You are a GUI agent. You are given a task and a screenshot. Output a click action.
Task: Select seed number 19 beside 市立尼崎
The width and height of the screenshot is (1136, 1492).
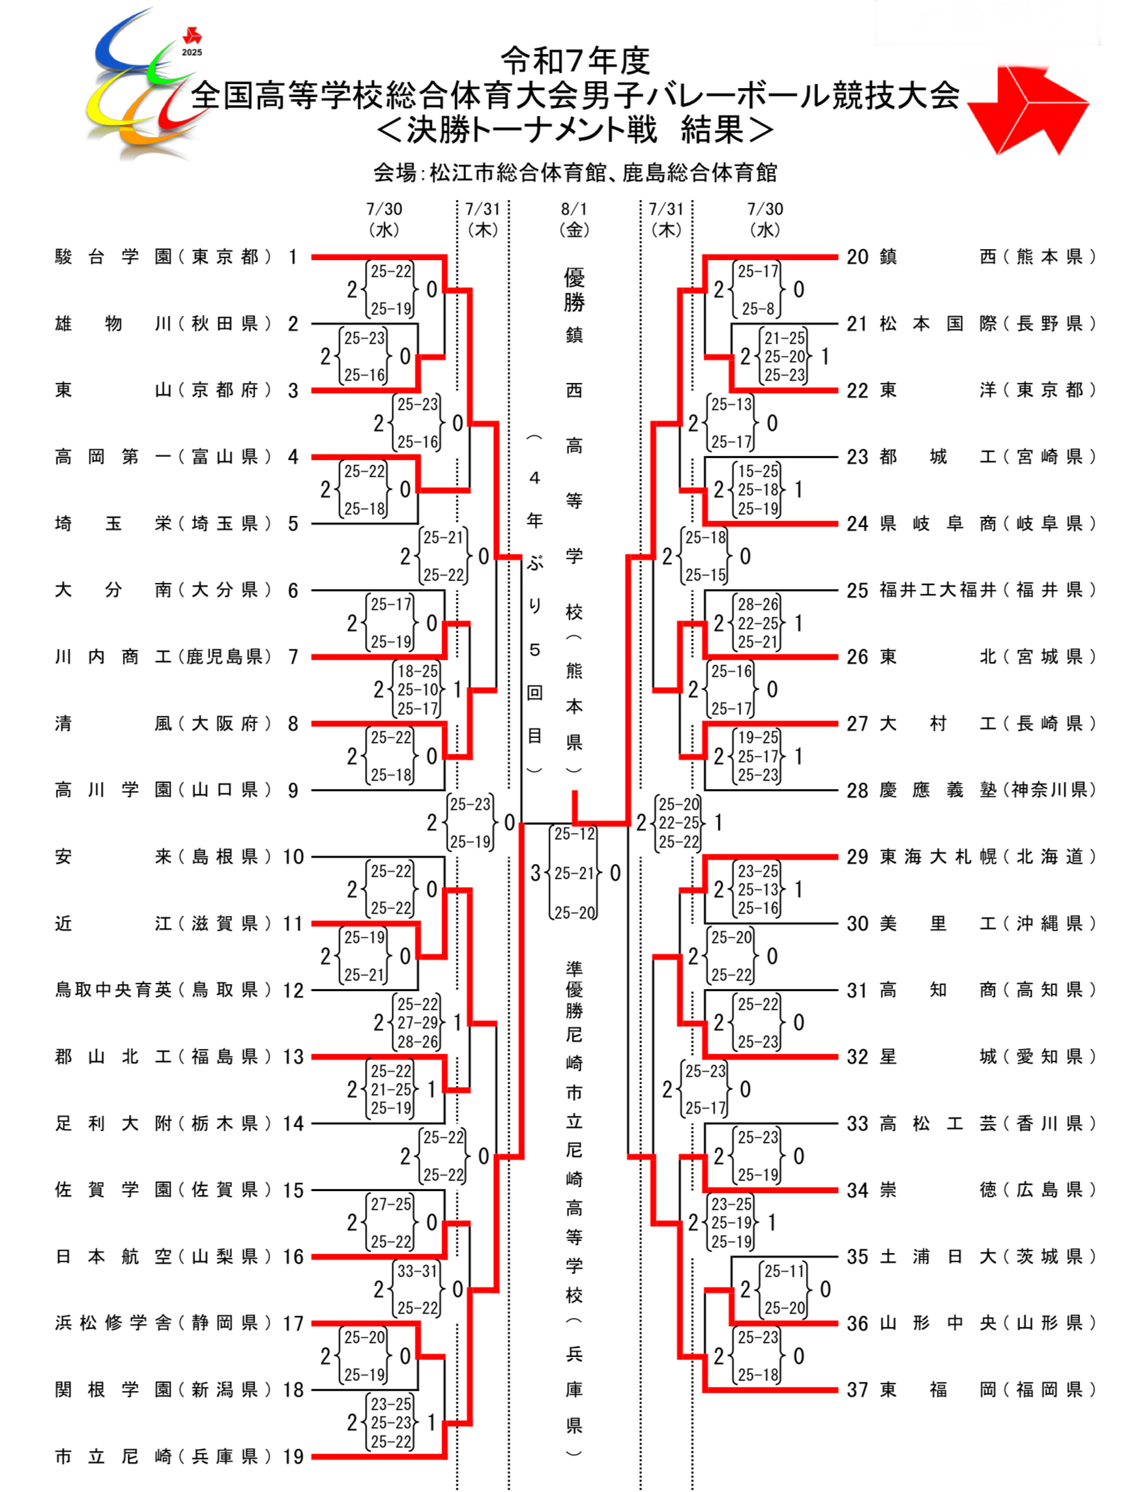pyautogui.click(x=293, y=1456)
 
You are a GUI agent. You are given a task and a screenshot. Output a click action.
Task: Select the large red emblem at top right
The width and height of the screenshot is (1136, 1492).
pyautogui.click(x=1027, y=109)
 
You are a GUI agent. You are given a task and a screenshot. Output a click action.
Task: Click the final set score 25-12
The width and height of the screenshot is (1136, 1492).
pyautogui.click(x=574, y=833)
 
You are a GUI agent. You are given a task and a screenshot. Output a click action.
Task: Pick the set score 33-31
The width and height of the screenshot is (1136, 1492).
pyautogui.click(x=417, y=1270)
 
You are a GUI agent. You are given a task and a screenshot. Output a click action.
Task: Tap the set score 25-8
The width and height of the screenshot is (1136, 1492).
pyautogui.click(x=757, y=309)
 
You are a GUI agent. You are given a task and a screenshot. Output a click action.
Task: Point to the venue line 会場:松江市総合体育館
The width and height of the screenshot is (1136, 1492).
pyautogui.click(x=574, y=173)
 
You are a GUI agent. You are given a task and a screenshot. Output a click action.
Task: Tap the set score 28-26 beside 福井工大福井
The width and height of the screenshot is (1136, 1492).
pyautogui.click(x=757, y=604)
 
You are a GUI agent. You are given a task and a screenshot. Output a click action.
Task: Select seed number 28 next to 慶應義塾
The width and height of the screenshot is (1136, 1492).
pyautogui.click(x=857, y=790)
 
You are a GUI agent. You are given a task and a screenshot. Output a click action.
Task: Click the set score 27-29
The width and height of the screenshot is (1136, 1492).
pyautogui.click(x=417, y=1022)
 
